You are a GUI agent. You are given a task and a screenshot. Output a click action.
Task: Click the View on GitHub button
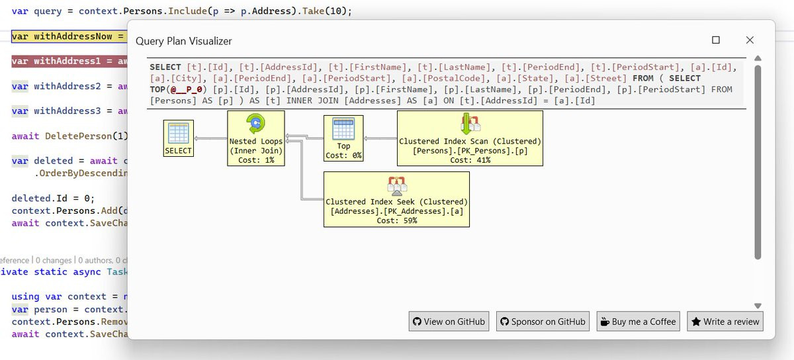point(449,322)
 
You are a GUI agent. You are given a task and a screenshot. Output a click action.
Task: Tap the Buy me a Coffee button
point(639,322)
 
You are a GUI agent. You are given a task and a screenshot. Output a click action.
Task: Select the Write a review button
point(725,322)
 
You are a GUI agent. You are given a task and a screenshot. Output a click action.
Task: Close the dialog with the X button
point(750,40)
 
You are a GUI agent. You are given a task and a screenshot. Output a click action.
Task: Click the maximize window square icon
point(716,40)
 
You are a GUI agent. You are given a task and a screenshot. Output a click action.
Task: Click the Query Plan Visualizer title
point(184,41)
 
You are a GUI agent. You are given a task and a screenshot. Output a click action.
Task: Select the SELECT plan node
point(178,138)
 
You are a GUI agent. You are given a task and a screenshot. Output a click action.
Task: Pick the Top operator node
point(343,138)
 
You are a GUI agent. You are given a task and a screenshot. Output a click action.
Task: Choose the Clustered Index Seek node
point(396,199)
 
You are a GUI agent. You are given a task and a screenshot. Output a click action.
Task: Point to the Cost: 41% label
point(470,160)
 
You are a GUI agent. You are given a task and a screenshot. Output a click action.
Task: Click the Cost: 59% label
point(396,221)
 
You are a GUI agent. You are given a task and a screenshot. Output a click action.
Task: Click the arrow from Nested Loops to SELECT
point(210,139)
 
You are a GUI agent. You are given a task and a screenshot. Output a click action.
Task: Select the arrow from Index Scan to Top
point(380,139)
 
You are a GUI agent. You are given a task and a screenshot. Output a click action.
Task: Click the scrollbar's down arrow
point(758,306)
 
